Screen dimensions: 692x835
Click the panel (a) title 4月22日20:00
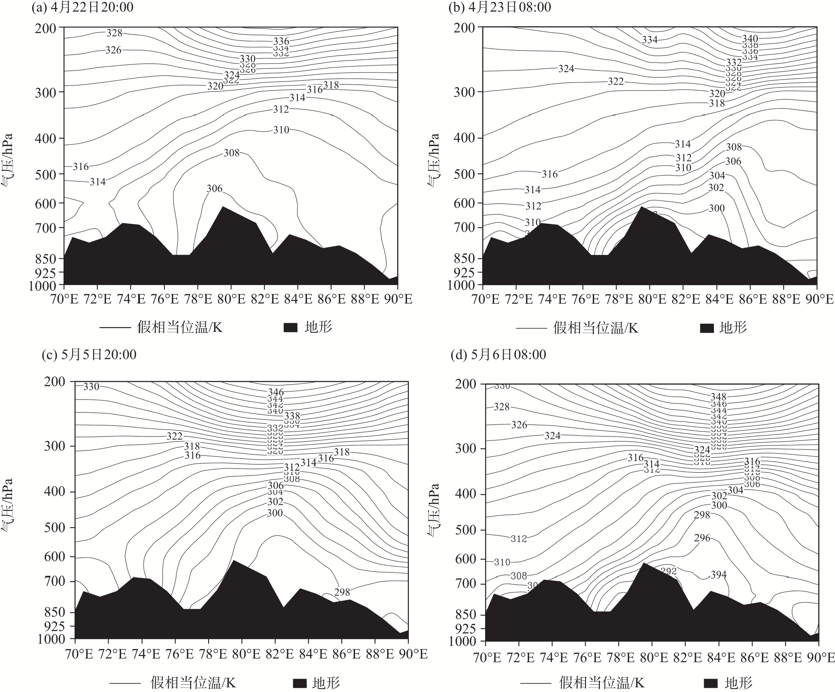pyautogui.click(x=82, y=7)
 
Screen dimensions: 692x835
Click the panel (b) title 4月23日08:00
pyautogui.click(x=500, y=7)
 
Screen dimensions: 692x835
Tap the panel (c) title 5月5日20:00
pyautogui.click(x=89, y=355)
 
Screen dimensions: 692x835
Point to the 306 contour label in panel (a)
pyautogui.click(x=215, y=188)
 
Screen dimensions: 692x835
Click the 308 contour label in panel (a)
pyautogui.click(x=231, y=153)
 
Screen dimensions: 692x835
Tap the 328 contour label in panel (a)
pyautogui.click(x=114, y=33)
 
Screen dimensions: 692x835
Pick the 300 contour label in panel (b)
pyautogui.click(x=717, y=209)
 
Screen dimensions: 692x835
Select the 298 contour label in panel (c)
pyautogui.click(x=342, y=592)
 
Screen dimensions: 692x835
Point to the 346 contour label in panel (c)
pyautogui.click(x=276, y=392)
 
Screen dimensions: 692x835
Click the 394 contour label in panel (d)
pyautogui.click(x=718, y=575)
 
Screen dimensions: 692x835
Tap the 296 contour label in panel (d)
pyautogui.click(x=702, y=538)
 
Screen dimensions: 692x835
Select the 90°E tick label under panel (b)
pyautogui.click(x=817, y=299)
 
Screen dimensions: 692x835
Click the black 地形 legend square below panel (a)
pyautogui.click(x=291, y=328)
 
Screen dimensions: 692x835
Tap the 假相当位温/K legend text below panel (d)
pyautogui.click(x=601, y=682)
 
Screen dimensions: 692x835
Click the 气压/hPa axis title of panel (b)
pyautogui.click(x=433, y=160)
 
